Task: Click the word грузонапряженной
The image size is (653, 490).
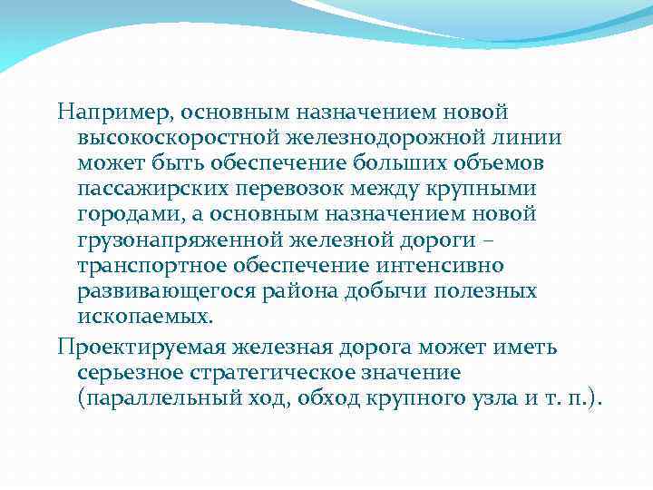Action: click(x=176, y=240)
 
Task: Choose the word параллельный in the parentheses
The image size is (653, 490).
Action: click(x=166, y=398)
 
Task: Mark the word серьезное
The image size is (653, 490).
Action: click(x=130, y=373)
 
